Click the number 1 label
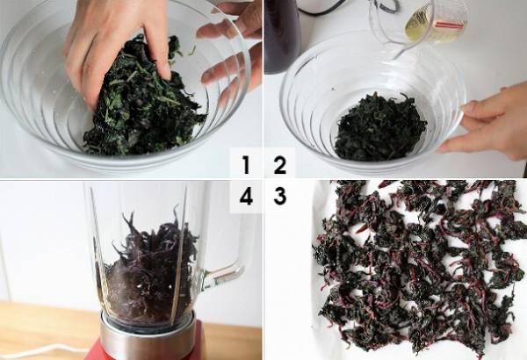pyautogui.click(x=246, y=165)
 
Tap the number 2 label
pyautogui.click(x=279, y=165)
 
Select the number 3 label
pyautogui.click(x=279, y=196)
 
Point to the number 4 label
pyautogui.click(x=246, y=196)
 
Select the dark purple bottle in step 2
pyautogui.click(x=282, y=35)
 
